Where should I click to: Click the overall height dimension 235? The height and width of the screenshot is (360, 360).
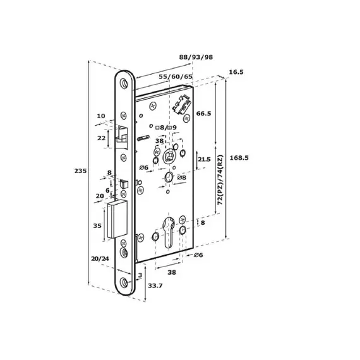click(x=80, y=171)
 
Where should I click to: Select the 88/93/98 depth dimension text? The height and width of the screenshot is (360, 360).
click(x=196, y=57)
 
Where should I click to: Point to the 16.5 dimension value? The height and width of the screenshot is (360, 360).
click(x=236, y=73)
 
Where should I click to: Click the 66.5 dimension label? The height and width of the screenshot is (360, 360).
click(x=203, y=114)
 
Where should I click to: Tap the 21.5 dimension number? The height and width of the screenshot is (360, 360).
click(x=204, y=160)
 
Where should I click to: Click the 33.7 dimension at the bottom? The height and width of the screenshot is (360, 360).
click(x=155, y=285)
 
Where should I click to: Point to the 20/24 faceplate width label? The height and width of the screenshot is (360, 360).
click(x=99, y=258)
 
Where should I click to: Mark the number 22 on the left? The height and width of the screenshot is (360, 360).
click(x=101, y=138)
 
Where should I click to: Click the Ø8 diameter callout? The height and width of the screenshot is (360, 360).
click(x=181, y=179)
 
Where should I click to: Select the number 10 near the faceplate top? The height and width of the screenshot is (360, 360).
click(x=101, y=116)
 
